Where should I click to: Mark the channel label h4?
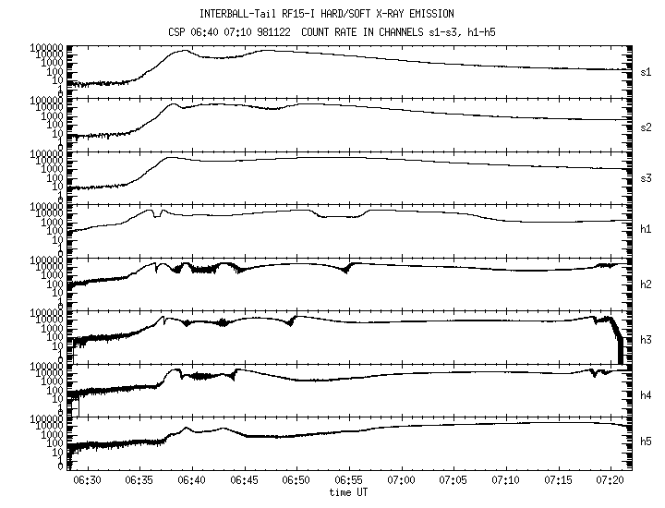click(x=647, y=392)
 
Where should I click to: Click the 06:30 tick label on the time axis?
click(x=86, y=480)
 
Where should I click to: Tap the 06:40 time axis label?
click(x=191, y=480)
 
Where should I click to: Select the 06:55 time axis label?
click(x=349, y=480)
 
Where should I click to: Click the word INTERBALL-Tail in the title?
click(x=238, y=14)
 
